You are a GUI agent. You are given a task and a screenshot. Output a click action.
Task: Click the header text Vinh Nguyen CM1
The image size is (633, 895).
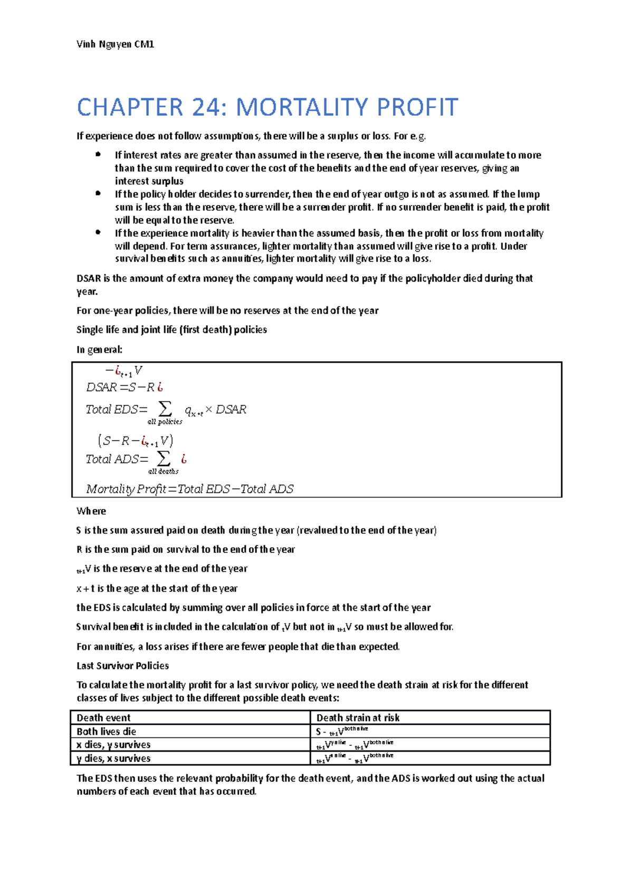(x=115, y=44)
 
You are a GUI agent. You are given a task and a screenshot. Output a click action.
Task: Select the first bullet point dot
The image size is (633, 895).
(x=98, y=154)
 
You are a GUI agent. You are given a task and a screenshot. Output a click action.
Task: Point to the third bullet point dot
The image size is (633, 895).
(x=98, y=232)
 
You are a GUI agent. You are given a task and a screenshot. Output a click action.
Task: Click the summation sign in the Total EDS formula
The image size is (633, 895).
(x=165, y=408)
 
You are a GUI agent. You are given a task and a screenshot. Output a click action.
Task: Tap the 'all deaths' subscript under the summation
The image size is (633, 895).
(x=164, y=471)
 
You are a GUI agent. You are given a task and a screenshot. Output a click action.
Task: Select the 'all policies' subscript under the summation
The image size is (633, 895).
(x=165, y=422)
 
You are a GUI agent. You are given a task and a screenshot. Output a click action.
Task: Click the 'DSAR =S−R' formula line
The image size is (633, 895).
(x=124, y=387)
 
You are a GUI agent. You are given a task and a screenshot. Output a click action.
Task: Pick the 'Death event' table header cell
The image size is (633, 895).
(x=104, y=717)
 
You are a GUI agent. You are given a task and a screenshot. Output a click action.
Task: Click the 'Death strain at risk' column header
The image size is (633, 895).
(x=358, y=717)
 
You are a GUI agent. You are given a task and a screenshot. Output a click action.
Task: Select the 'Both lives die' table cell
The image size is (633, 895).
(x=107, y=731)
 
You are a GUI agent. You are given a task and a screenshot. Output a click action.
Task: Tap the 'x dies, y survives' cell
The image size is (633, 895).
(x=113, y=744)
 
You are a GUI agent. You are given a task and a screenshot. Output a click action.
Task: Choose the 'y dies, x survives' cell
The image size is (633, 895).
(x=113, y=758)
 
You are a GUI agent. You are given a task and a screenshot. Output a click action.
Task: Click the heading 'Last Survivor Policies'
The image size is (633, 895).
(x=123, y=666)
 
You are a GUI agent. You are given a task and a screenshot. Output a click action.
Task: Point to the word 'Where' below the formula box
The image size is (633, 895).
(x=91, y=511)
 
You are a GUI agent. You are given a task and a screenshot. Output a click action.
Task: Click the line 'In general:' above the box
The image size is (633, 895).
(x=99, y=349)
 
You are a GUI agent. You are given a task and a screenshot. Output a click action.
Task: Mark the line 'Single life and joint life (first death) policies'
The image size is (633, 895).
(x=171, y=330)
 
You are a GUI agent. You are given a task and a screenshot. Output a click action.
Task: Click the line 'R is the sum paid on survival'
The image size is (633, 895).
(x=186, y=549)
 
